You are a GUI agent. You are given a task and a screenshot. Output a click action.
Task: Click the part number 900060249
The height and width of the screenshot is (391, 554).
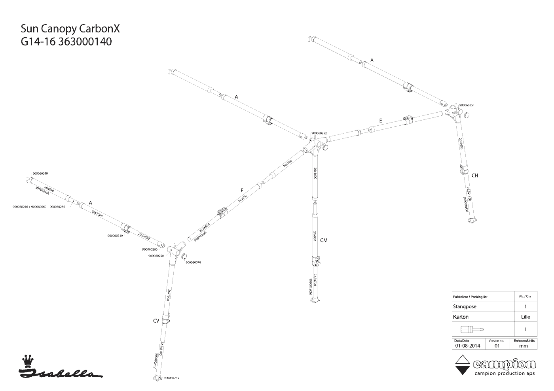tap(40, 174)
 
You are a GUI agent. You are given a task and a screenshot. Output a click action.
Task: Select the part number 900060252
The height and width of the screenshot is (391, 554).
tap(319, 133)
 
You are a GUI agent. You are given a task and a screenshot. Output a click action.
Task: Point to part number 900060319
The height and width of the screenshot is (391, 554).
tap(115, 236)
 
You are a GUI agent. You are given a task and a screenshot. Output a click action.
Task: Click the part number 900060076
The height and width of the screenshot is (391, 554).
tap(193, 262)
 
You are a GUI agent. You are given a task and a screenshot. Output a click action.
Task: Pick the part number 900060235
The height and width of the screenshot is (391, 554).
tap(171, 378)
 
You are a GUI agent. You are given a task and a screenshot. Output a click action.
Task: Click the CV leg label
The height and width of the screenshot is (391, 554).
tap(156, 321)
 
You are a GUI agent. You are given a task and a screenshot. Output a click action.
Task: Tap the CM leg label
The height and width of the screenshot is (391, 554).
tap(324, 240)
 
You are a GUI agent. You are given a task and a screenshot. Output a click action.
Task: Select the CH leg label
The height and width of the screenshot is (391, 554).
tap(475, 176)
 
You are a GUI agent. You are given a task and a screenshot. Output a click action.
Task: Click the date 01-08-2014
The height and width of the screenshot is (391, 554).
tap(467, 346)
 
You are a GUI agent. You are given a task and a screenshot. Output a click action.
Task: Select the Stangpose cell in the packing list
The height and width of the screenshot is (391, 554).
tap(465, 306)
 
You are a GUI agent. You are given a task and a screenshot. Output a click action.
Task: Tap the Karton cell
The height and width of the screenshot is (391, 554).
tap(461, 317)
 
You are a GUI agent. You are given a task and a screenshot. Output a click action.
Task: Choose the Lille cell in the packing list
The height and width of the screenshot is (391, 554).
tap(525, 317)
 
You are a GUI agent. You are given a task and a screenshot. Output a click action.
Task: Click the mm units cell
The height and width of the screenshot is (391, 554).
tap(523, 346)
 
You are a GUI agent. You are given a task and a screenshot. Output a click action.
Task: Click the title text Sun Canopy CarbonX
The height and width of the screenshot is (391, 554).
tap(70, 29)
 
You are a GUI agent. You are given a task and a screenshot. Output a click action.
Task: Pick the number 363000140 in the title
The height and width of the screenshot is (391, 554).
tap(85, 42)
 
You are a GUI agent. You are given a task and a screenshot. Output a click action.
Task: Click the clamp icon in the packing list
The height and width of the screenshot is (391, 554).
tap(472, 329)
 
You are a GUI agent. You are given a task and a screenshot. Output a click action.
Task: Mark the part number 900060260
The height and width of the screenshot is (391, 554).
tap(150, 249)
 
